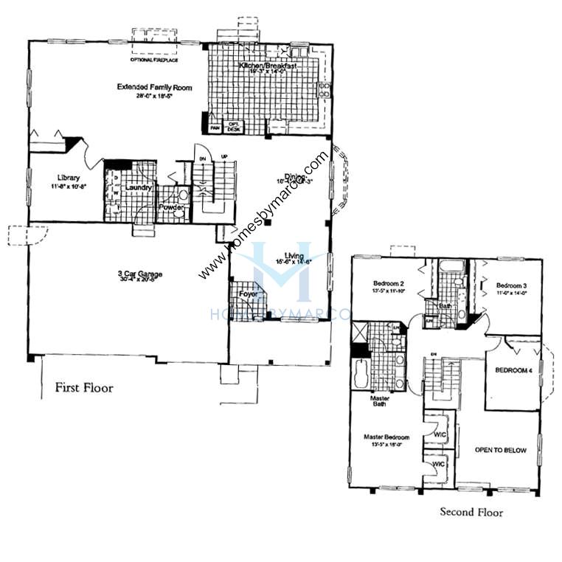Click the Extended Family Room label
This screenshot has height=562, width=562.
pyautogui.click(x=154, y=88)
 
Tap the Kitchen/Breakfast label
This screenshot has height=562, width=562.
pyautogui.click(x=268, y=66)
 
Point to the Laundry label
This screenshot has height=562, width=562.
pyautogui.click(x=139, y=188)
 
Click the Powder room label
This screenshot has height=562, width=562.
pyautogui.click(x=171, y=207)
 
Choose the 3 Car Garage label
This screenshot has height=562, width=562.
pyautogui.click(x=139, y=275)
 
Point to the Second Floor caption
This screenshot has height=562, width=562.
pyautogui.click(x=472, y=511)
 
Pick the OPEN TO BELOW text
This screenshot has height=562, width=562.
pyautogui.click(x=501, y=450)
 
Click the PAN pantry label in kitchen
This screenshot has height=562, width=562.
pyautogui.click(x=215, y=128)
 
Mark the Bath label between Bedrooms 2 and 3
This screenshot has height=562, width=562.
pyautogui.click(x=445, y=305)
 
